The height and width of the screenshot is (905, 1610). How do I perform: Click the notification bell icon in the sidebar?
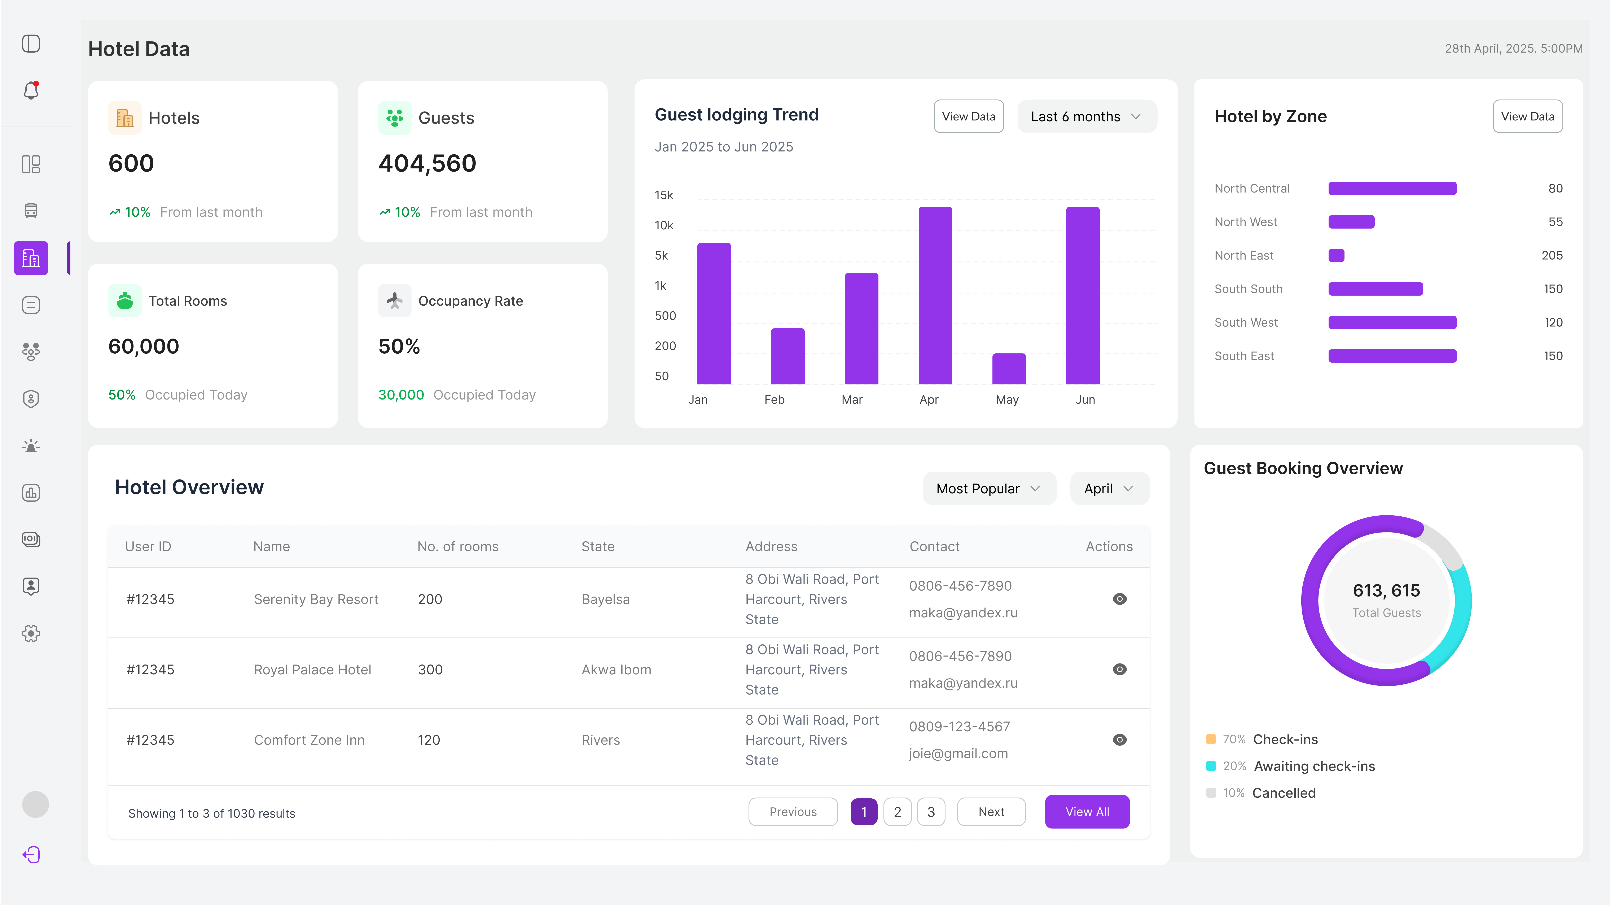(31, 91)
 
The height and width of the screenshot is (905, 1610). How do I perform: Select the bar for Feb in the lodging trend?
(788, 356)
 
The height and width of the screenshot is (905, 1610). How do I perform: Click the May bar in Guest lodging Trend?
(1009, 369)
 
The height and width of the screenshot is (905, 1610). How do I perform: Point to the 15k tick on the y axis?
(664, 195)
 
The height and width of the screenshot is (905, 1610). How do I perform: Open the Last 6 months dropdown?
(1087, 116)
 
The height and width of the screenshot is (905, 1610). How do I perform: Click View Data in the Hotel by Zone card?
(1527, 116)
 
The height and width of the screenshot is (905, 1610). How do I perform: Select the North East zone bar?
(1336, 255)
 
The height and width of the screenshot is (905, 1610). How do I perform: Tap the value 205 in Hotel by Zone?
(1552, 255)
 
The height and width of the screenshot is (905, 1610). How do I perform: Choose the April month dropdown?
(1109, 488)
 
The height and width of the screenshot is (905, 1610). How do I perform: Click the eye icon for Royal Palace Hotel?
(1119, 669)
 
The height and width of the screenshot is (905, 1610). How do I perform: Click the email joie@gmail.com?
(958, 754)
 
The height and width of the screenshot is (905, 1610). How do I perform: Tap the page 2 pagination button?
(898, 812)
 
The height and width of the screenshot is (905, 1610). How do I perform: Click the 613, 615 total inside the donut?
(1386, 591)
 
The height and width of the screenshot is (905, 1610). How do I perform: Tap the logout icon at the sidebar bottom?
(31, 854)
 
